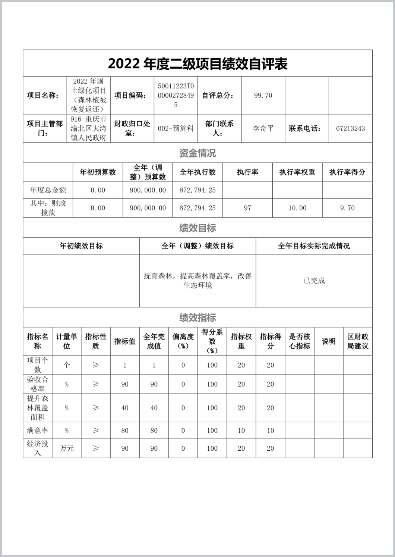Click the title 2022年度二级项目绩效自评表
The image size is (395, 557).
(197, 64)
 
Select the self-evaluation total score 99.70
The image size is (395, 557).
(263, 96)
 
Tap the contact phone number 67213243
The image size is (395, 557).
(350, 129)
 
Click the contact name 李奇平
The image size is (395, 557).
(263, 129)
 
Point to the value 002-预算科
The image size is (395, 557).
(176, 129)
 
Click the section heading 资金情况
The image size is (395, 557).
(197, 153)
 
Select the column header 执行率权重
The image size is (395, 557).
(297, 172)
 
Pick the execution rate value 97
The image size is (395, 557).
(247, 208)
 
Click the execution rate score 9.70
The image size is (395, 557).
(347, 208)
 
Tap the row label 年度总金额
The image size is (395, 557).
(48, 190)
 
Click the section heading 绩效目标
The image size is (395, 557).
(197, 228)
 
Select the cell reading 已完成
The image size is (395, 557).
(314, 281)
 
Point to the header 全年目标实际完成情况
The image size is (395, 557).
(314, 246)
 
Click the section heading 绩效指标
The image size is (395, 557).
(197, 318)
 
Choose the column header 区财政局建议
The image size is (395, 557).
(358, 341)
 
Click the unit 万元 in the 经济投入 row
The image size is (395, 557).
(67, 448)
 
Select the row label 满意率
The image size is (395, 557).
(37, 431)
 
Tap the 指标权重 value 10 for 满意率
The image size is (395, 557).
(241, 431)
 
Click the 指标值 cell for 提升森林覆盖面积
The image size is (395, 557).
(125, 408)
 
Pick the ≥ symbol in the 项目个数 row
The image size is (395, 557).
(96, 365)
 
